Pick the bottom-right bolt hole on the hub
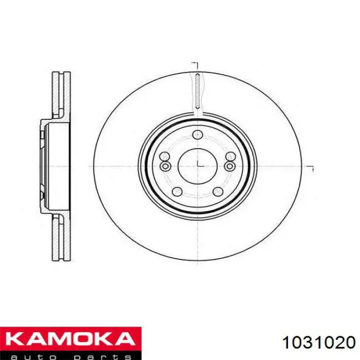[x=220, y=192]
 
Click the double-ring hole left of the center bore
[x=165, y=166]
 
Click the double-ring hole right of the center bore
[x=230, y=166]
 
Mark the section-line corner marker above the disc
[x=195, y=64]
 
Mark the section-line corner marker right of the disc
[x=311, y=167]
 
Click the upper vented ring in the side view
[x=61, y=95]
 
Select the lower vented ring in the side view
[x=61, y=237]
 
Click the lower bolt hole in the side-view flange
[x=42, y=195]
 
